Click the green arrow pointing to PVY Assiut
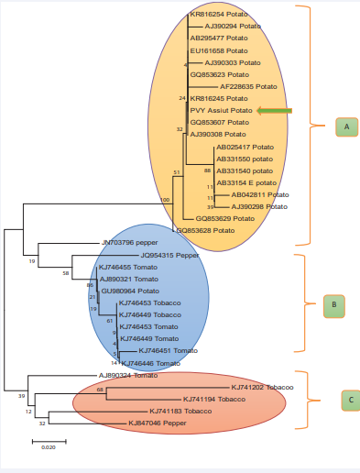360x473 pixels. point(275,110)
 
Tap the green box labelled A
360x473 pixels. point(346,126)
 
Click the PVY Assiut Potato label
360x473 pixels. point(221,110)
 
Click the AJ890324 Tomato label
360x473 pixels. point(128,375)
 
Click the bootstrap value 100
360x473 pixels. point(165,199)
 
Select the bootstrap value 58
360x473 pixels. point(66,272)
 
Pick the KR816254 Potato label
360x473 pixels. point(219,16)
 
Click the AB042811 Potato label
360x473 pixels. point(259,194)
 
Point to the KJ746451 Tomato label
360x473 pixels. point(167,350)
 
